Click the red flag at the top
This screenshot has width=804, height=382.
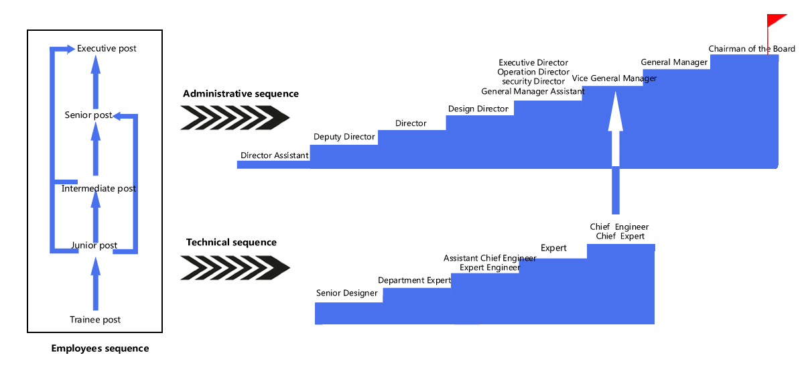tap(777, 21)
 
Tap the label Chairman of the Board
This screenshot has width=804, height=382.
tap(752, 49)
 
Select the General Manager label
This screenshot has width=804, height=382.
tap(674, 62)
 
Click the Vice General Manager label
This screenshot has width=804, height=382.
tap(614, 78)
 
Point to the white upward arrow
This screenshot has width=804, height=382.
tap(615, 134)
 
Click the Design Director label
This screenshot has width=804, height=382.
tap(478, 109)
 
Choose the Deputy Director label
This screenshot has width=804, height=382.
tap(344, 137)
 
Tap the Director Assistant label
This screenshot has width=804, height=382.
tap(275, 155)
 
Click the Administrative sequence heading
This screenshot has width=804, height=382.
tap(241, 94)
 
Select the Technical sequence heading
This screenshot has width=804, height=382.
tap(231, 243)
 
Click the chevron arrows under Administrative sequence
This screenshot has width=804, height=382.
tap(234, 119)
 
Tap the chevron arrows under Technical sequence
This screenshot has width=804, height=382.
tap(234, 269)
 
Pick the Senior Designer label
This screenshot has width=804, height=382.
tap(347, 293)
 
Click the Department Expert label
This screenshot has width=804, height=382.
tap(415, 280)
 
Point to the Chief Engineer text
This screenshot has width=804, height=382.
tap(619, 227)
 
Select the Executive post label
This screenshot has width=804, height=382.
tap(107, 49)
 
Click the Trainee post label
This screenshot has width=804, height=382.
tap(95, 320)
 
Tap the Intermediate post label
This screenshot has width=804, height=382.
tap(98, 189)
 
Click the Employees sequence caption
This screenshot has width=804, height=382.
tap(100, 348)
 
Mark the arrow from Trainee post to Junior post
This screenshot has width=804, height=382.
tap(95, 284)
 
